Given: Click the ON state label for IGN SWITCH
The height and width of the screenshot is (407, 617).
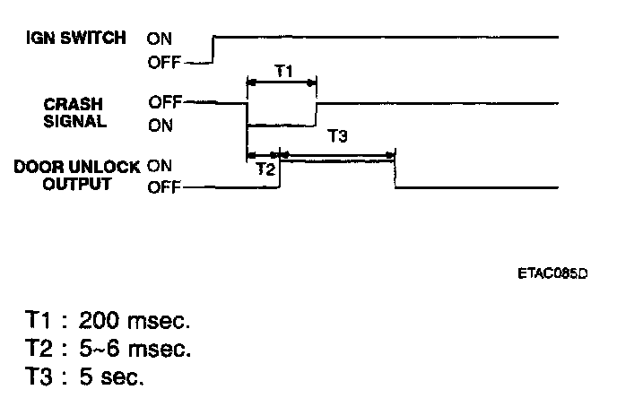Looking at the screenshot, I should point(161,39).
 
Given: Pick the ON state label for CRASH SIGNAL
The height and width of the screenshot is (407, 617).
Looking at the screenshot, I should point(161,125).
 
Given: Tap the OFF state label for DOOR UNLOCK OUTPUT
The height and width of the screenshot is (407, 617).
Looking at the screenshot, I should point(165,187).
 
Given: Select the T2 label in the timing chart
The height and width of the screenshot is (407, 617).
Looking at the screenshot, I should point(265,168).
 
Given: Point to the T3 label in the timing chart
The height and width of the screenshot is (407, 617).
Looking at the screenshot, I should point(336,136).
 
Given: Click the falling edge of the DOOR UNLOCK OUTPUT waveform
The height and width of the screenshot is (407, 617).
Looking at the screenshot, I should point(395,172).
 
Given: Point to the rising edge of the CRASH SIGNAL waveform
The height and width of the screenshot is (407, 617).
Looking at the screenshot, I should point(317,113).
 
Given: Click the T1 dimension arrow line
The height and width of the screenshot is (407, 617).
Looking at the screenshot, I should point(282,82).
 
